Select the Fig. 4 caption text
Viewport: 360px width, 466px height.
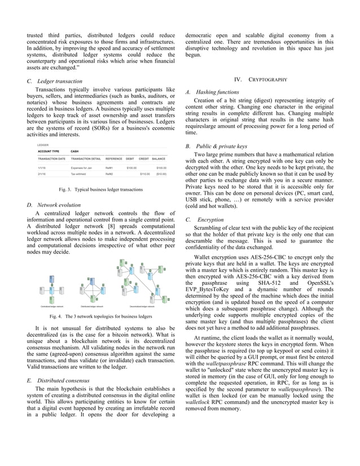click(x=100, y=316)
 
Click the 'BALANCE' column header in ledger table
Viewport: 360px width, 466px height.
click(x=159, y=160)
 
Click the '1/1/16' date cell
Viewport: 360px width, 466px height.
click(x=42, y=168)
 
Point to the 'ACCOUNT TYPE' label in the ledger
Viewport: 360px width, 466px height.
click(x=49, y=151)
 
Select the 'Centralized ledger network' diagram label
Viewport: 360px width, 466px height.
click(x=52, y=306)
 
